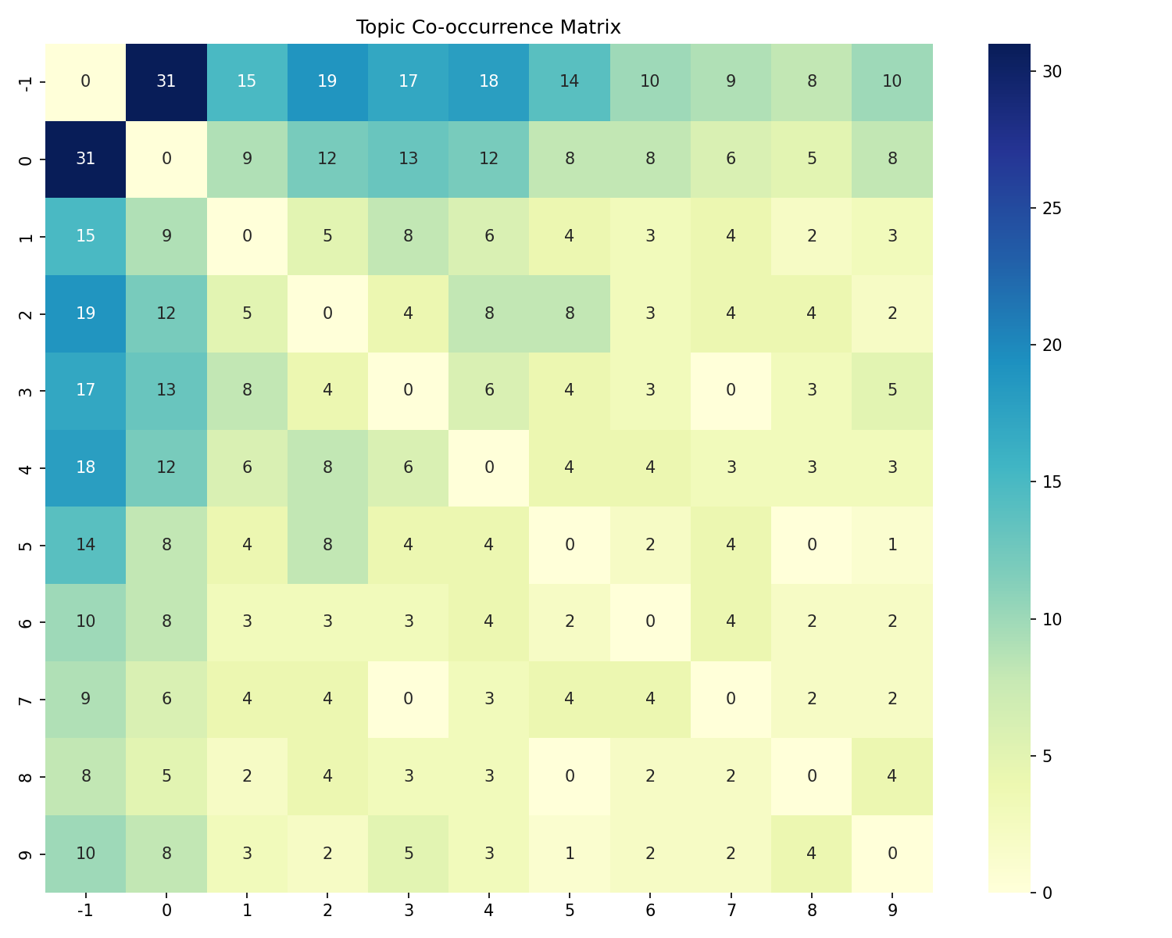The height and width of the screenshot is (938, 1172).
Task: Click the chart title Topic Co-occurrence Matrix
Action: pyautogui.click(x=488, y=27)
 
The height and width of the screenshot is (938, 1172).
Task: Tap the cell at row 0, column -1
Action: pyautogui.click(x=86, y=159)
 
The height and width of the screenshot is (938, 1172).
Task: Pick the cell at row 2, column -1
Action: pyautogui.click(x=86, y=313)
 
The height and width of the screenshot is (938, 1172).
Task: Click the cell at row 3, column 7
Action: pyautogui.click(x=731, y=390)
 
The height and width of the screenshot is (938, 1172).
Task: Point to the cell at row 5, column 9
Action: pyautogui.click(x=892, y=545)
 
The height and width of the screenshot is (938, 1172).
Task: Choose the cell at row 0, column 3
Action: pyautogui.click(x=408, y=159)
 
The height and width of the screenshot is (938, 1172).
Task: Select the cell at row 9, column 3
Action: pyautogui.click(x=408, y=853)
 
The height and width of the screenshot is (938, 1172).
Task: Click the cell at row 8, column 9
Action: pyautogui.click(x=892, y=776)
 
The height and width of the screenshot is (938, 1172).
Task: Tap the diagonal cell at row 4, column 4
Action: pyautogui.click(x=488, y=467)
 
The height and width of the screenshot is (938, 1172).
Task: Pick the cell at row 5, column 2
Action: pyautogui.click(x=327, y=545)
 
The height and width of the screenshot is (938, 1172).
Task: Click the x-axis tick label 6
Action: pyautogui.click(x=650, y=910)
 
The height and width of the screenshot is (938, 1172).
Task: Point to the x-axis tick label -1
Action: pyautogui.click(x=86, y=910)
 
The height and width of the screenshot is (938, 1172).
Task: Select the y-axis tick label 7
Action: pyautogui.click(x=25, y=700)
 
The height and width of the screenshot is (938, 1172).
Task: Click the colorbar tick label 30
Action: pyautogui.click(x=1052, y=71)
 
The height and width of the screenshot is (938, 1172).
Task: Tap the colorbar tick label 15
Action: pyautogui.click(x=1052, y=482)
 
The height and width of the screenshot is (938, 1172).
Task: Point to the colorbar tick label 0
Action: pyautogui.click(x=1048, y=892)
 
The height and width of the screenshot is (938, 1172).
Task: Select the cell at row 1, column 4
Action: pyautogui.click(x=488, y=236)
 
